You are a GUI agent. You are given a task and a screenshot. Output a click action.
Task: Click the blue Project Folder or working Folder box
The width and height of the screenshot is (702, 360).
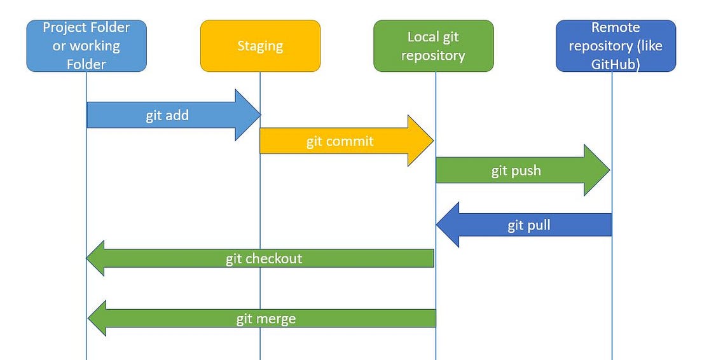(x=86, y=46)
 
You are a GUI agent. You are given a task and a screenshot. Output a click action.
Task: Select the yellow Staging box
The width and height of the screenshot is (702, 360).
(x=260, y=46)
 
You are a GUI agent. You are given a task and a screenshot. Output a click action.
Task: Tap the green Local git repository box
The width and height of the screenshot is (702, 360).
(x=433, y=46)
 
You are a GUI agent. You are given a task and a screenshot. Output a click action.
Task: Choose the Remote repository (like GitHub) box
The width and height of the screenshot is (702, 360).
(x=616, y=46)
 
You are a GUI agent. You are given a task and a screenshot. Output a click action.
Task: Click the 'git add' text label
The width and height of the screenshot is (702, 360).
(x=167, y=116)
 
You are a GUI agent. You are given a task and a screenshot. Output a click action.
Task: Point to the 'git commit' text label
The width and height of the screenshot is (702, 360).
(x=340, y=141)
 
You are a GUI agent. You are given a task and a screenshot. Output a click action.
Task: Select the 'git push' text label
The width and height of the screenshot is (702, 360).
(x=516, y=170)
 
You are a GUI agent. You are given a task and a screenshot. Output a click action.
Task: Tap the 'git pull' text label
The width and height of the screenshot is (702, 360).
(x=529, y=225)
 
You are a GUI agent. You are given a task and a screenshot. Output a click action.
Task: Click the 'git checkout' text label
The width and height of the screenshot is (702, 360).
(x=264, y=258)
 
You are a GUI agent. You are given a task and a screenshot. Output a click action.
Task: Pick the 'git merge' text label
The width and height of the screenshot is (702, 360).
(x=266, y=319)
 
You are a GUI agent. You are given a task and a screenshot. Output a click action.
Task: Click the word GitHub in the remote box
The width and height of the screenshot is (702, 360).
(x=615, y=64)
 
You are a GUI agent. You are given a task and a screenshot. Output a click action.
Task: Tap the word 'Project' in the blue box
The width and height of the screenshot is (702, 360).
(x=64, y=27)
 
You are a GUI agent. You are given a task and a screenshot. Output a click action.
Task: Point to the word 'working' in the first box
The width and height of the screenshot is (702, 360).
(x=95, y=46)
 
